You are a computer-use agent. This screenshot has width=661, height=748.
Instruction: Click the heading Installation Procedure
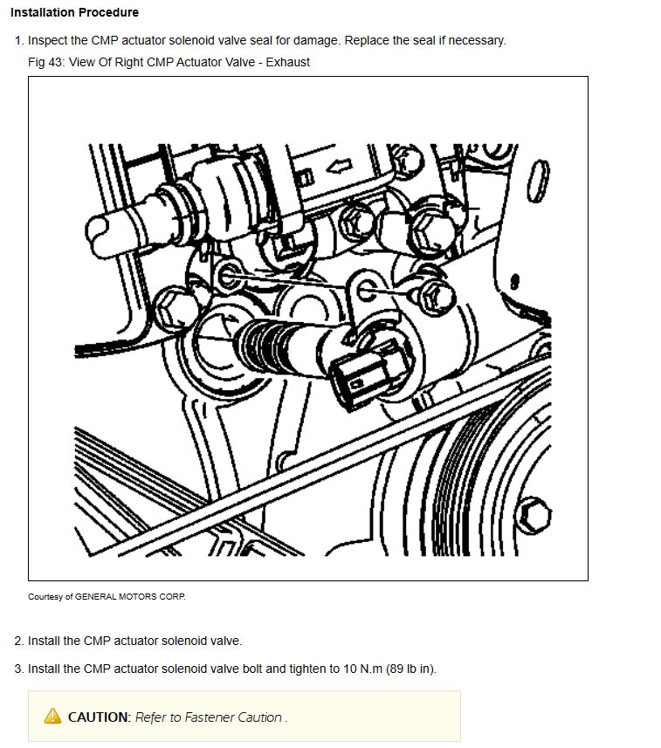(74, 12)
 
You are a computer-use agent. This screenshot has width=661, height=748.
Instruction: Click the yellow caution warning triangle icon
(52, 716)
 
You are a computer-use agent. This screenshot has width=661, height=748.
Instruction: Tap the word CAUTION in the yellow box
(99, 717)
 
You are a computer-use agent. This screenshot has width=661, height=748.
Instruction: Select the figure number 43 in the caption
(55, 62)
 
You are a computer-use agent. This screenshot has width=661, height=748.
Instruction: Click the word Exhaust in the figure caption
(288, 62)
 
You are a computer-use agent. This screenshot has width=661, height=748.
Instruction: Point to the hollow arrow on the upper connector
(339, 167)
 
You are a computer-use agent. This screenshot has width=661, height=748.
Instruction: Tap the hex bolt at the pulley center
(534, 515)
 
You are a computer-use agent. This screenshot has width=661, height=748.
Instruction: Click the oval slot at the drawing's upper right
(539, 181)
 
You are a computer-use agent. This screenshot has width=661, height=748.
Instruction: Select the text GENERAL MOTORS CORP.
(130, 597)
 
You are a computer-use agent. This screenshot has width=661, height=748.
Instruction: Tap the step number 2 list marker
(18, 641)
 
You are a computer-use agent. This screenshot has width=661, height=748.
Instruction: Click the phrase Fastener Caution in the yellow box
(233, 717)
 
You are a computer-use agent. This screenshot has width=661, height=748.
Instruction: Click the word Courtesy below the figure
(45, 597)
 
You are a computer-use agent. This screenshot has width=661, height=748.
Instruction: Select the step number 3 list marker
(18, 669)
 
